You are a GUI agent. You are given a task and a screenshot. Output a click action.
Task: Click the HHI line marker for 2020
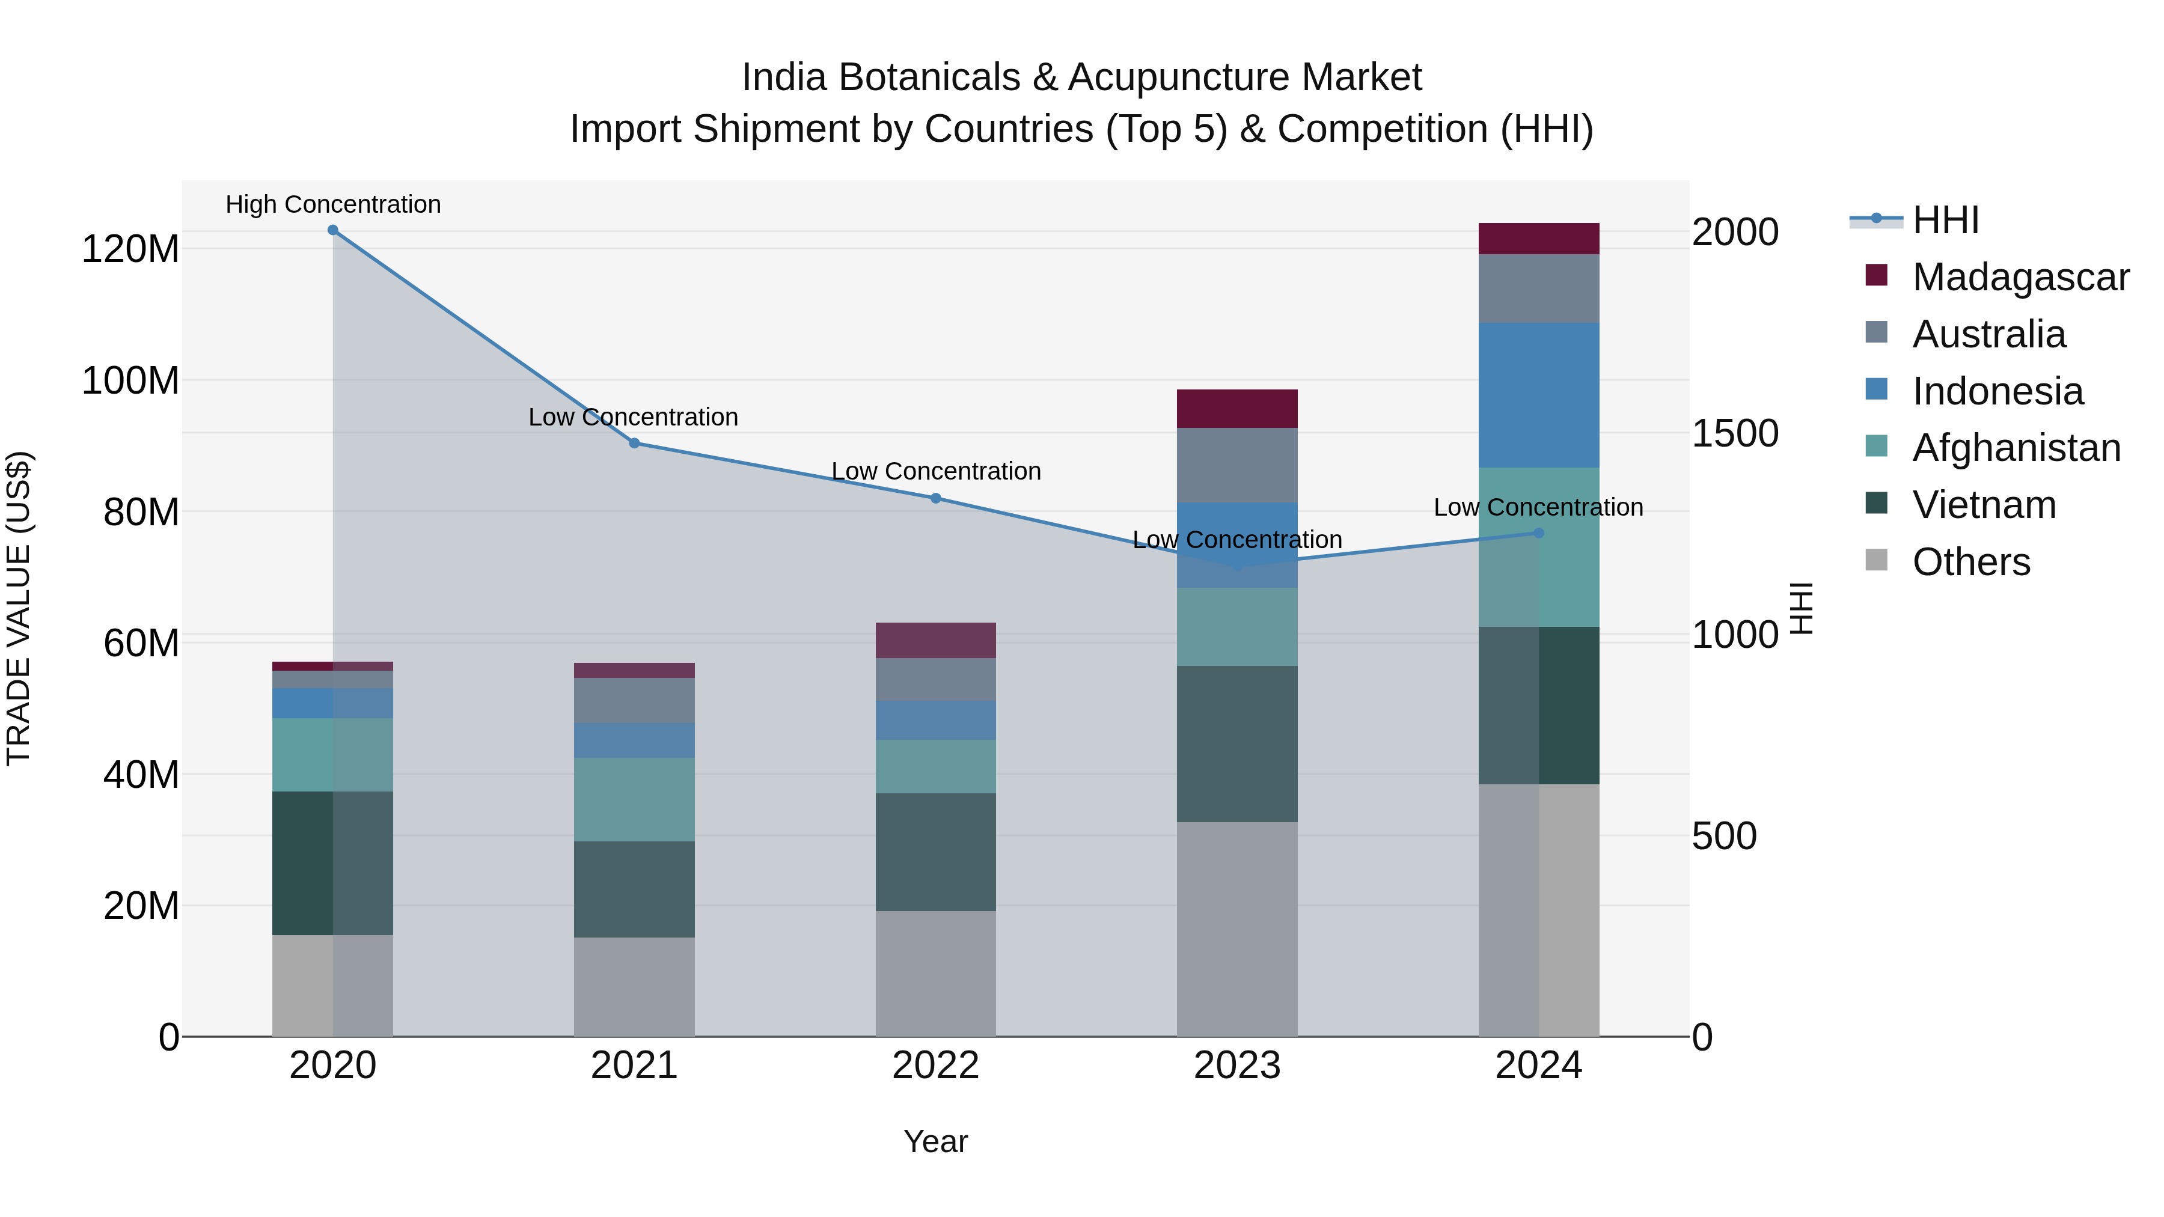pyautogui.click(x=332, y=230)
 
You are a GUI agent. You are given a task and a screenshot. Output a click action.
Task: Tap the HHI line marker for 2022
pyautogui.click(x=936, y=498)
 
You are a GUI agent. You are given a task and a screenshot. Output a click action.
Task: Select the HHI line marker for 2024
pyautogui.click(x=1539, y=533)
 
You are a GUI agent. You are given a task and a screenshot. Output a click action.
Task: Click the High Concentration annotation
pyautogui.click(x=332, y=204)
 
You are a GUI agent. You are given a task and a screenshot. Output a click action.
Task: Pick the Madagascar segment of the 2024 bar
pyautogui.click(x=1539, y=239)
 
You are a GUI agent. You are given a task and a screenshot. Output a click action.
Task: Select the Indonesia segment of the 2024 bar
pyautogui.click(x=1539, y=395)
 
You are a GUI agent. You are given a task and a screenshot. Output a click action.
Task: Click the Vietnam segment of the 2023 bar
pyautogui.click(x=1236, y=743)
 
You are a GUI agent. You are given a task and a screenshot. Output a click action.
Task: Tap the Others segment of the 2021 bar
pyautogui.click(x=634, y=987)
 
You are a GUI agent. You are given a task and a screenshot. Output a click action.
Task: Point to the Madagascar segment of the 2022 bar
pyautogui.click(x=936, y=640)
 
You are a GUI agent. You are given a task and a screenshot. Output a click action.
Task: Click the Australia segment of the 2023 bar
pyautogui.click(x=1236, y=465)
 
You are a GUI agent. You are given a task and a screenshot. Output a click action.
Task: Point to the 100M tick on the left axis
pyautogui.click(x=130, y=380)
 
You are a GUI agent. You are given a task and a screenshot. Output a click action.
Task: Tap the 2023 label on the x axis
pyautogui.click(x=1236, y=1066)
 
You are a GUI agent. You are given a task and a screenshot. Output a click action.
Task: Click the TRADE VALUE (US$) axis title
pyautogui.click(x=19, y=608)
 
